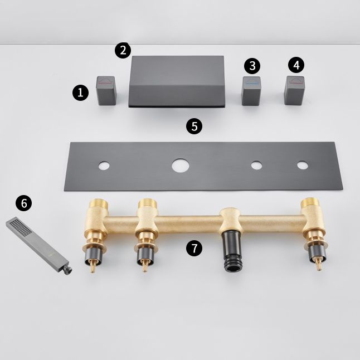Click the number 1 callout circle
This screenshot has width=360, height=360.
tap(81, 92)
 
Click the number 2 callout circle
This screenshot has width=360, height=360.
tap(123, 50)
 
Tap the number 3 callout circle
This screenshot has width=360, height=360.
tap(252, 66)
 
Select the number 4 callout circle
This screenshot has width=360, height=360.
tap(296, 65)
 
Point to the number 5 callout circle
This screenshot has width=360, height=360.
tap(194, 125)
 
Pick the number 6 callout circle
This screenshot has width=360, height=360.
tap(23, 203)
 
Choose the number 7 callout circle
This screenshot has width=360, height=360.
tap(194, 249)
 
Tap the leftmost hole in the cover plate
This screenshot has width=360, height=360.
tap(104, 166)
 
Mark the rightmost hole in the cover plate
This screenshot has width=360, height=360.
tap(301, 166)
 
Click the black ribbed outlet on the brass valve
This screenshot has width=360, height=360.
tap(229, 253)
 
